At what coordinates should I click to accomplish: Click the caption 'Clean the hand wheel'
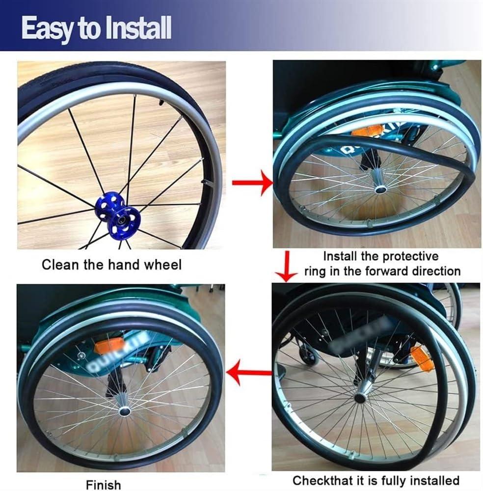point(111,265)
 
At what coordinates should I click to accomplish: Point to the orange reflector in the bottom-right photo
point(422,358)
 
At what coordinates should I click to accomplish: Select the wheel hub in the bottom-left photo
point(124,410)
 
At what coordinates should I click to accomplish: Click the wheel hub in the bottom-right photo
point(360,397)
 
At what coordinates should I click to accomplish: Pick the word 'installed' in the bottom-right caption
point(430,480)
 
